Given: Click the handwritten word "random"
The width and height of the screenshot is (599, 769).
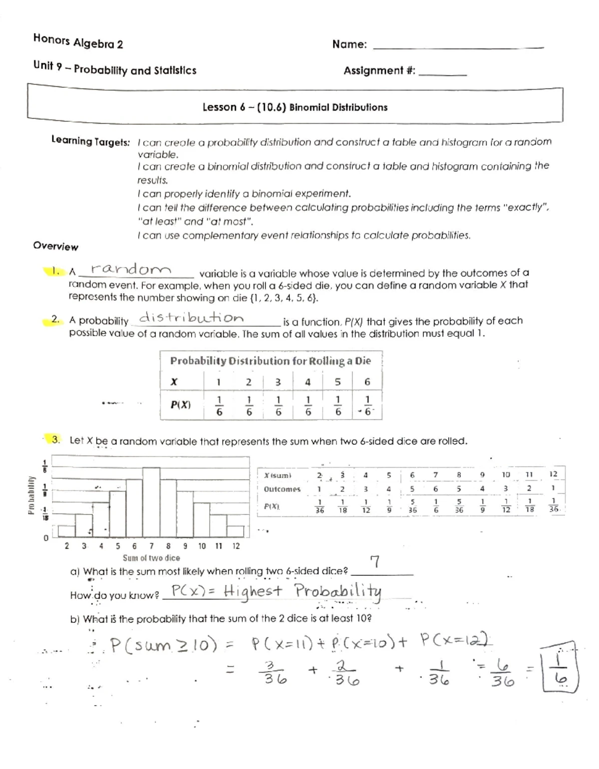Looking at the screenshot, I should click(x=131, y=269).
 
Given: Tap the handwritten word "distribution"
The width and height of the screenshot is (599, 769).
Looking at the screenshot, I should click(x=191, y=317).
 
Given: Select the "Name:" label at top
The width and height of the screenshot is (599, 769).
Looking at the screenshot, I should click(x=349, y=44).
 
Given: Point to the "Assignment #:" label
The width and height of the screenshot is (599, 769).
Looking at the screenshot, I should click(x=379, y=71).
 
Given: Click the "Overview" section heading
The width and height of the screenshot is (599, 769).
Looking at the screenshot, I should click(x=55, y=247).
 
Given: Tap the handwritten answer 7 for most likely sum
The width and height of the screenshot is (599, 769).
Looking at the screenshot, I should click(x=375, y=562).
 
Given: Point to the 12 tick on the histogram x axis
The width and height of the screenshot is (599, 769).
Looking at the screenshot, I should click(x=236, y=546).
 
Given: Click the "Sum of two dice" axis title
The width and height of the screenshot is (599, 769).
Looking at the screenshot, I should click(x=151, y=558).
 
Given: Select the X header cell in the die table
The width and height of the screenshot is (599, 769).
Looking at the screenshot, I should click(x=174, y=382).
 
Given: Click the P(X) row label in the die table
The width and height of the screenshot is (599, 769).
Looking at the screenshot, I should click(x=181, y=405).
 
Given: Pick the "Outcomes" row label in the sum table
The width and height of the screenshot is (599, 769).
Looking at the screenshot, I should click(x=282, y=489).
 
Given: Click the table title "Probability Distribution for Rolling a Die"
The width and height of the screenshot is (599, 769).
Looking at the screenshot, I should click(x=271, y=361).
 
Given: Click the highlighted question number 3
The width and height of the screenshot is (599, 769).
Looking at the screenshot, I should click(x=56, y=440).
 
